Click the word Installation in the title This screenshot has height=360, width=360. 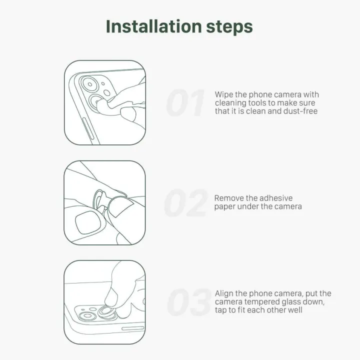pyautogui.click(x=154, y=26)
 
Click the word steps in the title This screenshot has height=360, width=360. pyautogui.click(x=229, y=27)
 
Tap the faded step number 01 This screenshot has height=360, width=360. pyautogui.click(x=185, y=102)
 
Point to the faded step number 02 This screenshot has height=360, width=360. pyautogui.click(x=186, y=203)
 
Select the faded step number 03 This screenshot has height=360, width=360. pyautogui.click(x=188, y=302)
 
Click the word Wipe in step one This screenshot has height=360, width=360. pyautogui.click(x=224, y=94)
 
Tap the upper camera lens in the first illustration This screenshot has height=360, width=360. pyautogui.click(x=90, y=84)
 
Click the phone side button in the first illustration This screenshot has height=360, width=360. pyautogui.click(x=88, y=128)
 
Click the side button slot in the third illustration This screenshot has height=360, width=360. pyautogui.click(x=132, y=328)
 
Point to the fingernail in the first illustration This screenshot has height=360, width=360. pyautogui.click(x=128, y=114)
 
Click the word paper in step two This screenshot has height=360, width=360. pyautogui.click(x=224, y=207)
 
